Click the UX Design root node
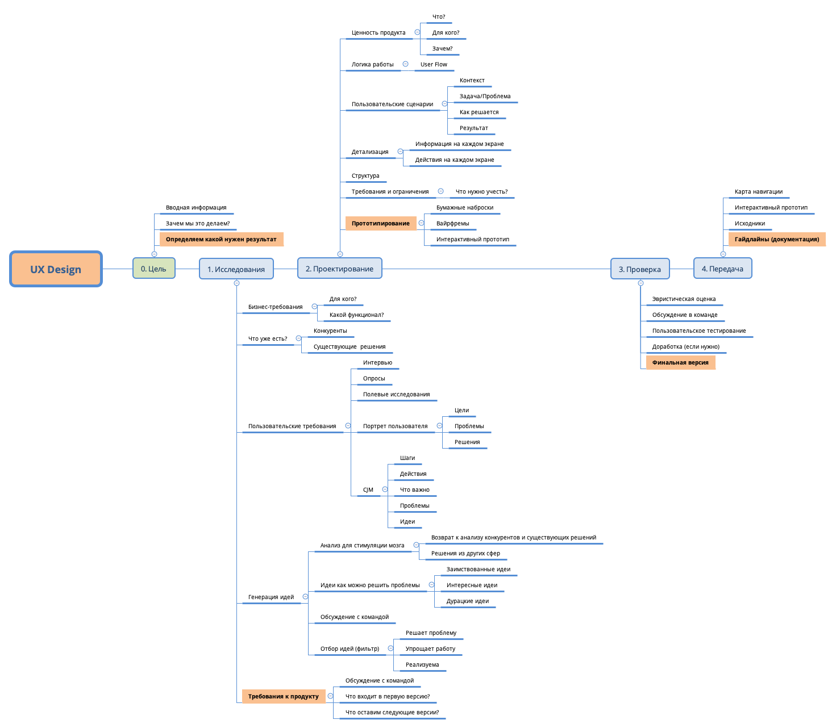pos(56,269)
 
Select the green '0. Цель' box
pos(153,269)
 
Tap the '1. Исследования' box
pos(236,269)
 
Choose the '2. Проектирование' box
pos(339,269)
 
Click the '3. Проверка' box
pos(639,269)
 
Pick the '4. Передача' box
pos(722,269)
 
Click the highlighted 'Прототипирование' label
pos(380,224)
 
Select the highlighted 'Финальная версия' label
pos(680,363)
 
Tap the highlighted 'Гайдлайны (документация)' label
pos(776,240)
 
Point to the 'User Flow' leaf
pos(434,65)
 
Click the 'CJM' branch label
pos(368,490)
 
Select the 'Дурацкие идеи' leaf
pos(467,601)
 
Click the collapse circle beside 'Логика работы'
pos(405,64)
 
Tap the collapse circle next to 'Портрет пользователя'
pos(439,426)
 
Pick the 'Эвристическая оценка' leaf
pos(684,299)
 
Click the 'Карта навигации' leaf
pos(758,192)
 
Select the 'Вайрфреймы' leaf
pos(452,224)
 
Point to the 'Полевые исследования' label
pos(396,395)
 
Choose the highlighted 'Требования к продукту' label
pos(283,697)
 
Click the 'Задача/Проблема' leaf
pos(485,97)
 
